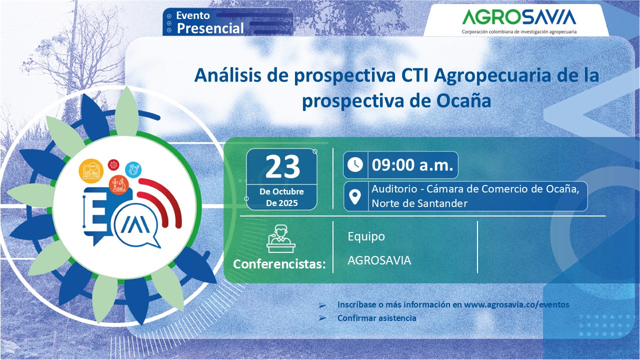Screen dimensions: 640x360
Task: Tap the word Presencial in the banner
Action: [210, 28]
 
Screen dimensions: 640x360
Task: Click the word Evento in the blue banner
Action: [193, 15]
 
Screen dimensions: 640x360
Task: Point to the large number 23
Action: [282, 166]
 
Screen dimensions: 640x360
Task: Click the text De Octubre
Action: [281, 191]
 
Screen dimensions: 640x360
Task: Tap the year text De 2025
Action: [281, 203]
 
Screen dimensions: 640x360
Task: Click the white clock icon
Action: [355, 165]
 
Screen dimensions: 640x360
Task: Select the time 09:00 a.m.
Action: [412, 165]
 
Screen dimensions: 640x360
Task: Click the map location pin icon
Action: [355, 197]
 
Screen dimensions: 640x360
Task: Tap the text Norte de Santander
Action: [419, 203]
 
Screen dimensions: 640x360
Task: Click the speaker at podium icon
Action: [281, 239]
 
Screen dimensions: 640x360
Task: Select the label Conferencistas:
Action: [279, 264]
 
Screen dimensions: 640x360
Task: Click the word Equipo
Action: [366, 236]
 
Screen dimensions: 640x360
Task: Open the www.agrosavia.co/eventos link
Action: [516, 304]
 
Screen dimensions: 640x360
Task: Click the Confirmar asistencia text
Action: [376, 318]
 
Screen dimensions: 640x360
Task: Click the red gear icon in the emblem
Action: [113, 165]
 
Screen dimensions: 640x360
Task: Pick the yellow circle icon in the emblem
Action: [91, 171]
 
